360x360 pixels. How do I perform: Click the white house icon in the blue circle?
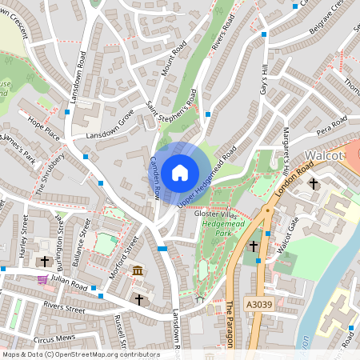point(180,172)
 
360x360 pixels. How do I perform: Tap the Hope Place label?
point(44,128)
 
